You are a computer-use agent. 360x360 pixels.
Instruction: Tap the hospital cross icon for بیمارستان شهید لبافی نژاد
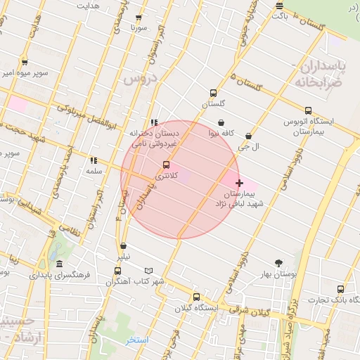coord(239,183)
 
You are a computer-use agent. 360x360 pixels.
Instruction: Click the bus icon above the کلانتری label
coord(166,165)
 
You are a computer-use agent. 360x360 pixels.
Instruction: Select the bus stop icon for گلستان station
coord(213,93)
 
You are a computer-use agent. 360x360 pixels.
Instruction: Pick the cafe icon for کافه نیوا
coord(221,123)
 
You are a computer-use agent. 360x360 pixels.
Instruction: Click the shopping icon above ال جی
coord(248,136)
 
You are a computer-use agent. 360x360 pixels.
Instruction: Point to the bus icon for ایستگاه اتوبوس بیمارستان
coord(308,110)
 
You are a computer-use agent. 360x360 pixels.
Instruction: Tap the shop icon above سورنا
coord(138,18)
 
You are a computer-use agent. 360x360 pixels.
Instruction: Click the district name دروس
coord(139,78)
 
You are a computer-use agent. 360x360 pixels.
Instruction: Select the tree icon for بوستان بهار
coord(279,263)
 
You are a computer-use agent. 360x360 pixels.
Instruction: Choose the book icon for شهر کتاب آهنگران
coord(148,271)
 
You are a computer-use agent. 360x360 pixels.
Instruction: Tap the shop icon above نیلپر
coord(124,246)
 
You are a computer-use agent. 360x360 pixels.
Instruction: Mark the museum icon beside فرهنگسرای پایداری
coord(58,265)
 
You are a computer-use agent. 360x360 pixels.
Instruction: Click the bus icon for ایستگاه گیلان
coord(195,297)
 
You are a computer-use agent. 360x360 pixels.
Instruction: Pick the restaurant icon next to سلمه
coord(94,160)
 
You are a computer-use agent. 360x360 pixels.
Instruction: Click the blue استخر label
coord(137,340)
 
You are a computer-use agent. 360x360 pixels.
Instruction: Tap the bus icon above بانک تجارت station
coord(340,289)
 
